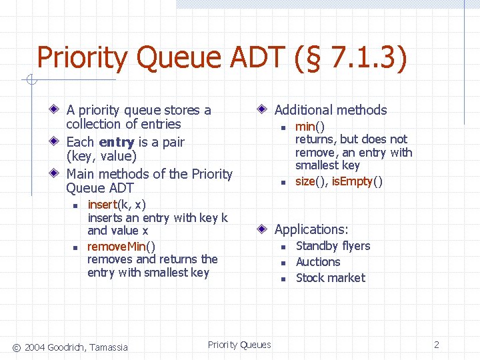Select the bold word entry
[117, 142]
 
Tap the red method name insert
[102, 205]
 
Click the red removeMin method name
[117, 245]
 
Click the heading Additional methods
[331, 111]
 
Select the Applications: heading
[311, 229]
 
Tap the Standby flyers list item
[333, 246]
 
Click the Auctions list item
[318, 262]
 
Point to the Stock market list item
[331, 278]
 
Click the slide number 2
[437, 345]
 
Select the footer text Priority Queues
[239, 345]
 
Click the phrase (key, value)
[101, 157]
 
